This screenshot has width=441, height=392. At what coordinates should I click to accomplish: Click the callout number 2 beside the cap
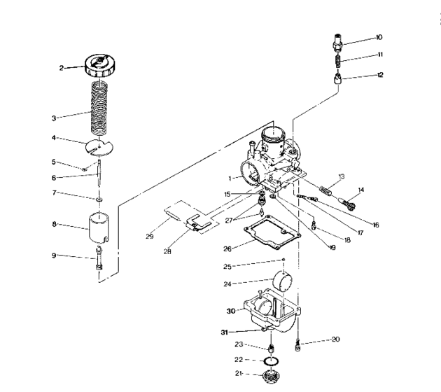click(x=61, y=68)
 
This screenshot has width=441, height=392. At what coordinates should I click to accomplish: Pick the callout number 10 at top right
click(x=379, y=36)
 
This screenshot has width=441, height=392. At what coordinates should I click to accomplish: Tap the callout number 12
click(x=379, y=75)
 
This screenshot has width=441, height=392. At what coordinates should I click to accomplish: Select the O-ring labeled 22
click(x=268, y=361)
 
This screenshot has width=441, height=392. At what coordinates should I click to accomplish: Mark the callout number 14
click(x=361, y=190)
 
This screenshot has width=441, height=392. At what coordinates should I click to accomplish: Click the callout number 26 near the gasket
click(x=227, y=247)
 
